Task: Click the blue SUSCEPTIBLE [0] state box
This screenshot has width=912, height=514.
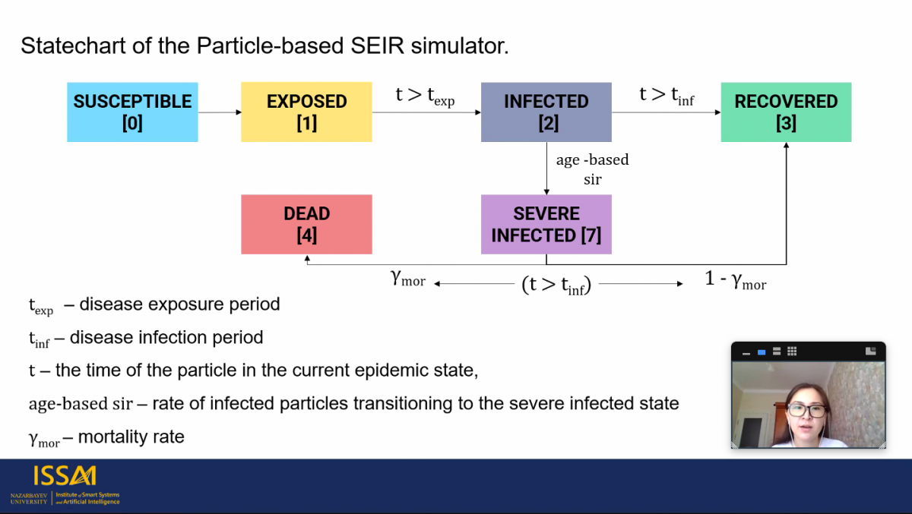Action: coord(132,112)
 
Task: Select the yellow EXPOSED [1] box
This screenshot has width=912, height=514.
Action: coord(306,112)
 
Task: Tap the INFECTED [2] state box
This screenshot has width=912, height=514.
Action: coord(546,112)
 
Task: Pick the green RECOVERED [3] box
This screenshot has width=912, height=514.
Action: coord(786,112)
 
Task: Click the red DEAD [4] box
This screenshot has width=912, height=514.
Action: coord(306,225)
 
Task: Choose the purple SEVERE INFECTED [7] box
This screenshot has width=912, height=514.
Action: coord(546,225)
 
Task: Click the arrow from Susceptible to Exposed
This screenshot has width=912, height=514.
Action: coord(220,112)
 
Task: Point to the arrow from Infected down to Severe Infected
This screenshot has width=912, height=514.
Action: coord(546,169)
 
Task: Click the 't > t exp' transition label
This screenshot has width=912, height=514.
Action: coord(425,96)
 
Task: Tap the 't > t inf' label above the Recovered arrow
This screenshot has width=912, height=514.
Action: coord(667,96)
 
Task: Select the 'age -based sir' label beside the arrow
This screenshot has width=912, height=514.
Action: coord(592,169)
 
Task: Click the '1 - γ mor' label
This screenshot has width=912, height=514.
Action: coord(736,281)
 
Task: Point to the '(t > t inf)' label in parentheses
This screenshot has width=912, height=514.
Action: coord(556,285)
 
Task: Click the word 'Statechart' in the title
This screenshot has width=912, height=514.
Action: coord(73,46)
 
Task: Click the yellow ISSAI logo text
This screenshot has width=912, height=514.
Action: coord(65,475)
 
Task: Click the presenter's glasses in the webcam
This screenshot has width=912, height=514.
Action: coord(807,410)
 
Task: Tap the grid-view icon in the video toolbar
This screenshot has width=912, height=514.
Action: coord(792,351)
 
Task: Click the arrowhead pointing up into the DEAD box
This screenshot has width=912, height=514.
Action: coord(307,258)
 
